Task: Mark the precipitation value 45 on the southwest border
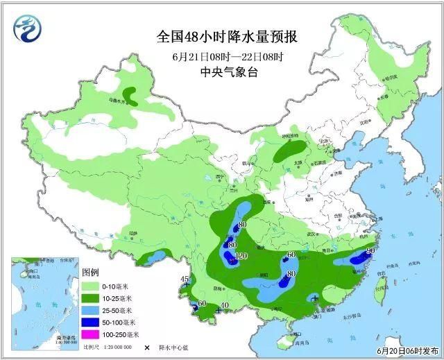185,280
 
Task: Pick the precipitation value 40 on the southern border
224,305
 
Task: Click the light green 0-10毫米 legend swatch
90,286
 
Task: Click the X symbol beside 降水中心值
147,345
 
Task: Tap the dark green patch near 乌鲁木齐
130,94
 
